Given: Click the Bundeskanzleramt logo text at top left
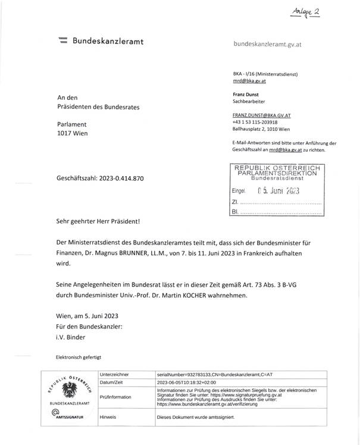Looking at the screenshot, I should (108, 42).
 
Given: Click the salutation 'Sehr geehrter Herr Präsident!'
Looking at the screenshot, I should (98, 221).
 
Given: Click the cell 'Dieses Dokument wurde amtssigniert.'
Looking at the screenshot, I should (196, 417).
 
